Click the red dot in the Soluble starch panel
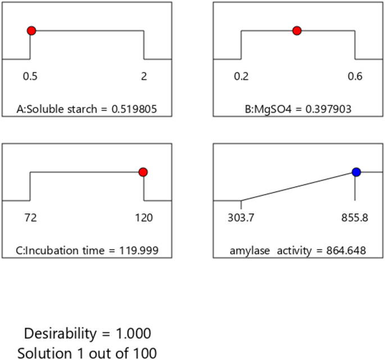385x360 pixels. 31,31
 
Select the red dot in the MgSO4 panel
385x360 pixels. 297,31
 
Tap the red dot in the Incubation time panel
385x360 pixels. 143,172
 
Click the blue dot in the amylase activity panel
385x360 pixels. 355,172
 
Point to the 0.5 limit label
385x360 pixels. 30,78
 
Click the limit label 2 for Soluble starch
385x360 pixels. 144,78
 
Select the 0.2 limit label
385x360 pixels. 242,78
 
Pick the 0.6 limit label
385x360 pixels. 355,78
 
